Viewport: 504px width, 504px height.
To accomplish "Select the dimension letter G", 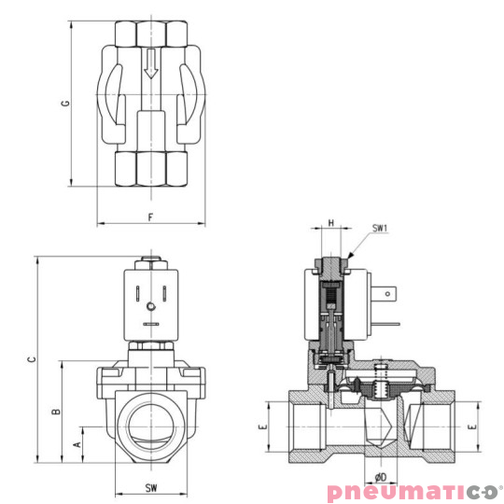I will [65, 103].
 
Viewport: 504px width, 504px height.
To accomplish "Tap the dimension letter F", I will [150, 217].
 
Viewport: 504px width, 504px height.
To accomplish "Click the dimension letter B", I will [56, 411].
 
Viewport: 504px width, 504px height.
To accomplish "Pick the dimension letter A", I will [77, 445].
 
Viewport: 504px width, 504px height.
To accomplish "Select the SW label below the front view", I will [150, 488].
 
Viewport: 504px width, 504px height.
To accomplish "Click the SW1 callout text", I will [380, 228].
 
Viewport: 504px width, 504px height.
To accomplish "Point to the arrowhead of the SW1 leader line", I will [349, 256].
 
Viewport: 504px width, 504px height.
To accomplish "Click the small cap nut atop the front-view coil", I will [150, 262].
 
